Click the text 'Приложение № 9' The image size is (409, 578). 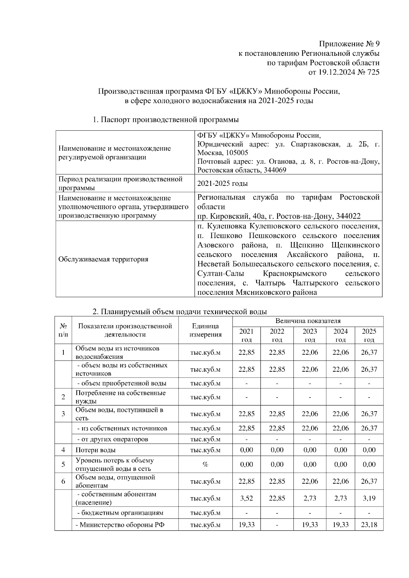(349, 44)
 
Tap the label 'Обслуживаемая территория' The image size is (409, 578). (103, 259)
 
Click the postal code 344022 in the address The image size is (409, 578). (348, 216)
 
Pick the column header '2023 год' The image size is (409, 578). (309, 335)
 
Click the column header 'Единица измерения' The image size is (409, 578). (205, 330)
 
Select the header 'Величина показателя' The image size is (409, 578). (308, 321)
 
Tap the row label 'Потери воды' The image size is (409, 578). (95, 450)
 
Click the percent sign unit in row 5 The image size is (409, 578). (205, 465)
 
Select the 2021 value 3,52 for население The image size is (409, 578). (246, 498)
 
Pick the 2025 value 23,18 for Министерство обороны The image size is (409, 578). (369, 525)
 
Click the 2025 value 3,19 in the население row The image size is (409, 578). (369, 498)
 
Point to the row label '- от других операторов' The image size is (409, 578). (113, 439)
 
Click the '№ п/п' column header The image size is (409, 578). (63, 330)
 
